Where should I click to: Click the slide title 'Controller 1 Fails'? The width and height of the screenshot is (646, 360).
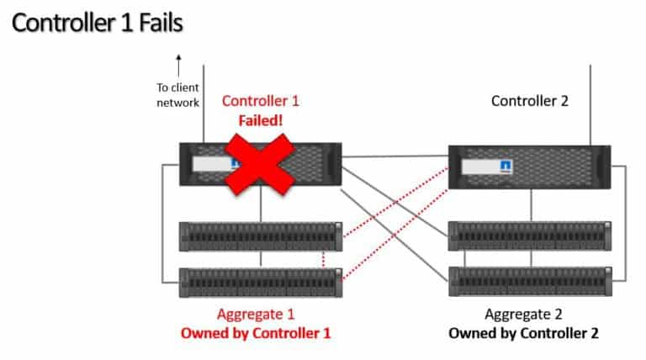[x=97, y=22]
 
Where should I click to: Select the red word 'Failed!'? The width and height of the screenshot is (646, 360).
[x=260, y=119]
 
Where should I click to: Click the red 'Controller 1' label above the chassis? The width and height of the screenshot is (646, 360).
[x=260, y=101]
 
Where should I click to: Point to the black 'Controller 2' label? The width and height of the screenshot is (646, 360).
[x=529, y=101]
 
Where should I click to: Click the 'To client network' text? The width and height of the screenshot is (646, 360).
[x=177, y=94]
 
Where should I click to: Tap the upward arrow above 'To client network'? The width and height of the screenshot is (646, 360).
[x=178, y=66]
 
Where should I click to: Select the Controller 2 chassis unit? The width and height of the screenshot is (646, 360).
[x=529, y=169]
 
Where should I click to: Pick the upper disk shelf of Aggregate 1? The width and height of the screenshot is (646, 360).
[x=262, y=236]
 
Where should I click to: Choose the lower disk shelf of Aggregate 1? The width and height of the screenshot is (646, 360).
[x=262, y=280]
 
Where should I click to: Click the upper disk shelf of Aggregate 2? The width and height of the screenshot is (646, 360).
[x=529, y=236]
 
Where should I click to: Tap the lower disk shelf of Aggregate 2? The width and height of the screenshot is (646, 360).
[x=529, y=280]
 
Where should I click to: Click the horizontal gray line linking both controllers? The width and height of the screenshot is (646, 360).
[x=394, y=156]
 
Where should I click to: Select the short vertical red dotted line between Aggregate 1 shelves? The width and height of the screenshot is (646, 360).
[x=324, y=259]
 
